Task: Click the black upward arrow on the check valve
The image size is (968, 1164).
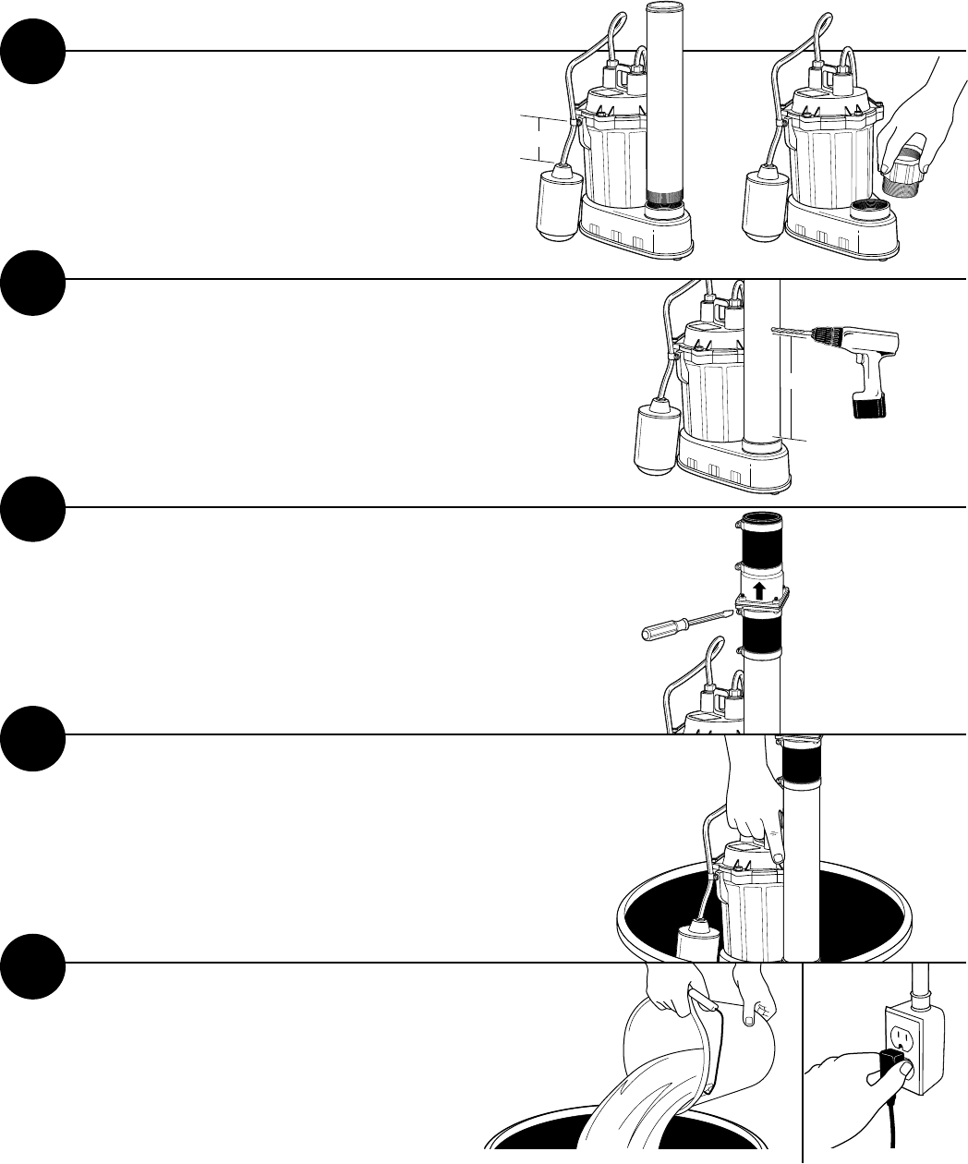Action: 758,590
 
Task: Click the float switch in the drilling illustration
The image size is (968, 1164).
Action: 658,437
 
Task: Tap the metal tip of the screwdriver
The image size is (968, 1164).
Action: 720,614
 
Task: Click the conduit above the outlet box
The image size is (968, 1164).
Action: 918,988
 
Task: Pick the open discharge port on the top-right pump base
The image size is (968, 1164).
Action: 868,206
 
